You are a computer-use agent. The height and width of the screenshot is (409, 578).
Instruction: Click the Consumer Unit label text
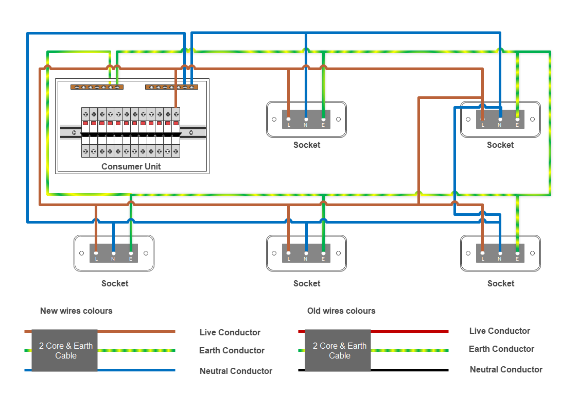pyautogui.click(x=131, y=166)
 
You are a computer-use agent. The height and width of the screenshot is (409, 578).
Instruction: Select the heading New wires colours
pyautogui.click(x=76, y=311)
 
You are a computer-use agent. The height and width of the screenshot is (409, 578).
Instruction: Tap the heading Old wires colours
pyautogui.click(x=341, y=311)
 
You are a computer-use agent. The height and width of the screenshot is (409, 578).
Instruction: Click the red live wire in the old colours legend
pyautogui.click(x=410, y=332)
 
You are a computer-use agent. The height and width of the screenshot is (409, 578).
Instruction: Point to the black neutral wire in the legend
pyautogui.click(x=410, y=370)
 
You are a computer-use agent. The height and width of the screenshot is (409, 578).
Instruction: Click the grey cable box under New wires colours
pyautogui.click(x=64, y=350)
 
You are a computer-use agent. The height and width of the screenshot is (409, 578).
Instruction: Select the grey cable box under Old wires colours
pyautogui.click(x=338, y=350)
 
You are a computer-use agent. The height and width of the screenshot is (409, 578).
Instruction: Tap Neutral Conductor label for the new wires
pyautogui.click(x=236, y=371)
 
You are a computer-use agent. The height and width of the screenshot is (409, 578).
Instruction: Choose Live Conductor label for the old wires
pyautogui.click(x=499, y=331)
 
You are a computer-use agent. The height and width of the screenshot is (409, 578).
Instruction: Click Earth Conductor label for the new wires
pyautogui.click(x=232, y=350)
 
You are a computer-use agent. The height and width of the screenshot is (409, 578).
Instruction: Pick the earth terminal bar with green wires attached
pyautogui.click(x=97, y=87)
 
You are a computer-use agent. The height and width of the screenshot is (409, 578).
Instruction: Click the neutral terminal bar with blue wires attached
pyautogui.click(x=171, y=87)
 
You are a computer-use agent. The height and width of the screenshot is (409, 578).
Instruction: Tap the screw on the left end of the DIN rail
pyautogui.click(x=74, y=133)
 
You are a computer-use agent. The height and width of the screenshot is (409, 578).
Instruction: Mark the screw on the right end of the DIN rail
pyautogui.click(x=191, y=133)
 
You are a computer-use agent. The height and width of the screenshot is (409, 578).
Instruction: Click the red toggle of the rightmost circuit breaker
pyautogui.click(x=176, y=123)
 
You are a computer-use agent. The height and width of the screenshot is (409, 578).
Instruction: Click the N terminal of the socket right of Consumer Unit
pyautogui.click(x=306, y=120)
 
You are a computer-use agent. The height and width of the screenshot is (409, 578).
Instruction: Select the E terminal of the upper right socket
pyautogui.click(x=518, y=120)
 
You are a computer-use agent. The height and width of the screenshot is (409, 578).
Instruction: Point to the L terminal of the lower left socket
pyautogui.click(x=96, y=253)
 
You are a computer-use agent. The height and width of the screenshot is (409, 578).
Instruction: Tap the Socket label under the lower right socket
pyautogui.click(x=501, y=284)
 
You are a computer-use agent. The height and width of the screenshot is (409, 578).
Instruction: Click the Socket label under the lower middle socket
pyautogui.click(x=307, y=284)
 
